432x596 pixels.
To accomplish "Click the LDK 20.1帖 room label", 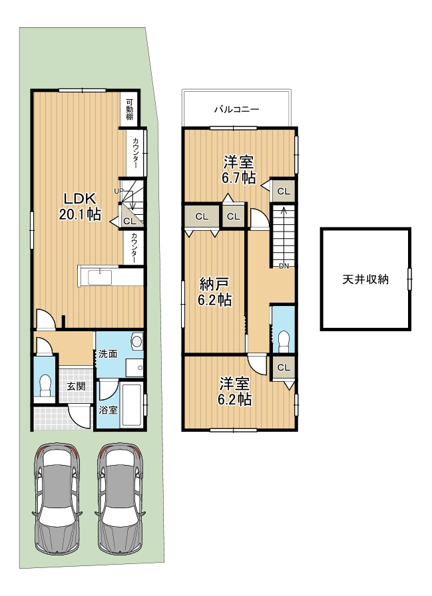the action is tap(81, 206).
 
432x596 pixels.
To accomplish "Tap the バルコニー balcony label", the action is tap(236, 110).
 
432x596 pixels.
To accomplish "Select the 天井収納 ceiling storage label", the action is tap(365, 279).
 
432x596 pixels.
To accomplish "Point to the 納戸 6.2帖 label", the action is tap(214, 291).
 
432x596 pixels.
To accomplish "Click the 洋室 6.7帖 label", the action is tap(238, 170).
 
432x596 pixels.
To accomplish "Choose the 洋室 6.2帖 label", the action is tap(234, 392).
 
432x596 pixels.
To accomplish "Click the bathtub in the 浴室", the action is tap(132, 405).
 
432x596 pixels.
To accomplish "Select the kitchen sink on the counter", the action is tap(100, 277).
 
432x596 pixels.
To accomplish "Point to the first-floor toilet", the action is tap(45, 385).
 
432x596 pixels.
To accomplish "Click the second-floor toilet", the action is tap(284, 341).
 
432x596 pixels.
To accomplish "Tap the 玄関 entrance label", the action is tap(76, 386).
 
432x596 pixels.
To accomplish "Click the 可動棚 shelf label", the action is tap(130, 110).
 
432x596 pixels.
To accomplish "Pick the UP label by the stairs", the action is tap(118, 191).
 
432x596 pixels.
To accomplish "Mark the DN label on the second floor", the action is tap(284, 266).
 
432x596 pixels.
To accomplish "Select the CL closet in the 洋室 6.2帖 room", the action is tap(284, 368).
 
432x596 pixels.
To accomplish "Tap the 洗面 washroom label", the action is tap(108, 354).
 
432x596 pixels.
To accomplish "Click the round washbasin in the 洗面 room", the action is tap(137, 341).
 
